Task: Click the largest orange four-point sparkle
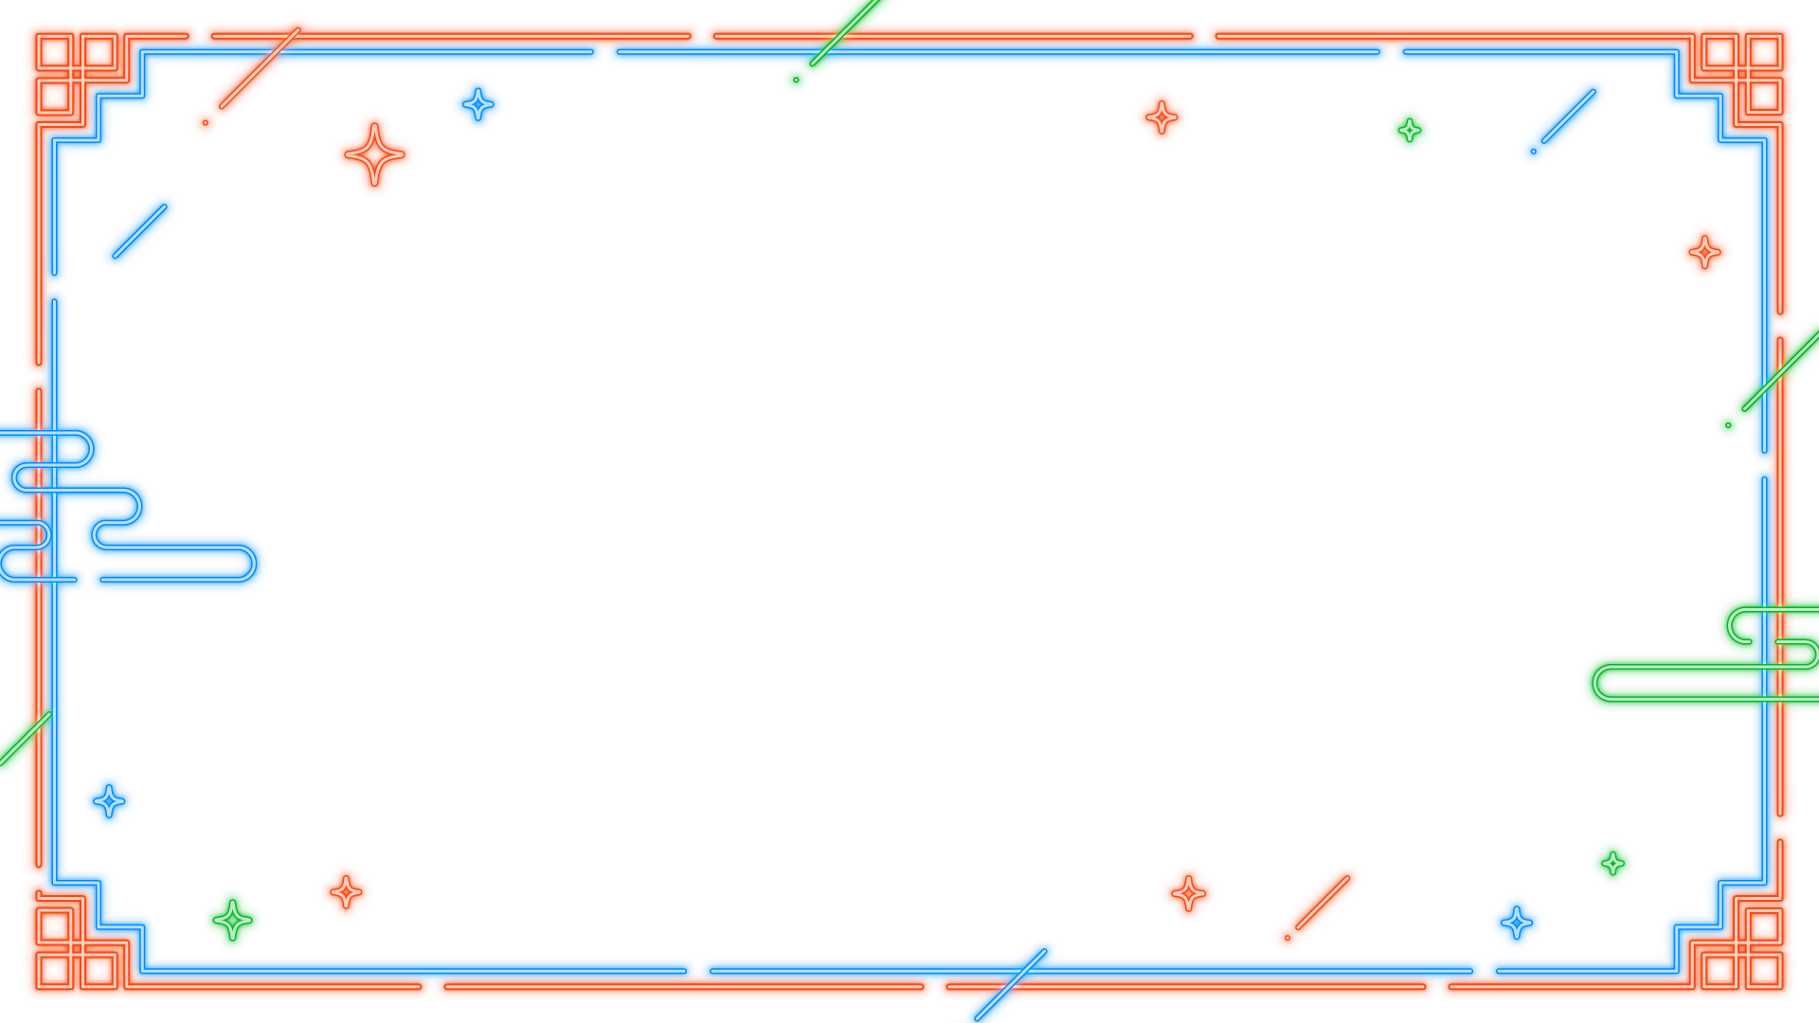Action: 374,154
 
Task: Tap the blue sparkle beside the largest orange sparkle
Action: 477,104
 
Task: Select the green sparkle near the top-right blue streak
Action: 1409,130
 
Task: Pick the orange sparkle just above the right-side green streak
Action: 1704,252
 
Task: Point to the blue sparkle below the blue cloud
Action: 109,801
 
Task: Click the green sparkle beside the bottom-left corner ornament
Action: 232,920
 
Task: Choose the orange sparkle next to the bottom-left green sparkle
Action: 346,891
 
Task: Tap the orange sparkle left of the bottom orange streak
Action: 1188,893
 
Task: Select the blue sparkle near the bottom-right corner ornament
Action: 1516,922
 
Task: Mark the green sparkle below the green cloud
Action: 1612,863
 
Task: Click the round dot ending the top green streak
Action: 796,81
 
